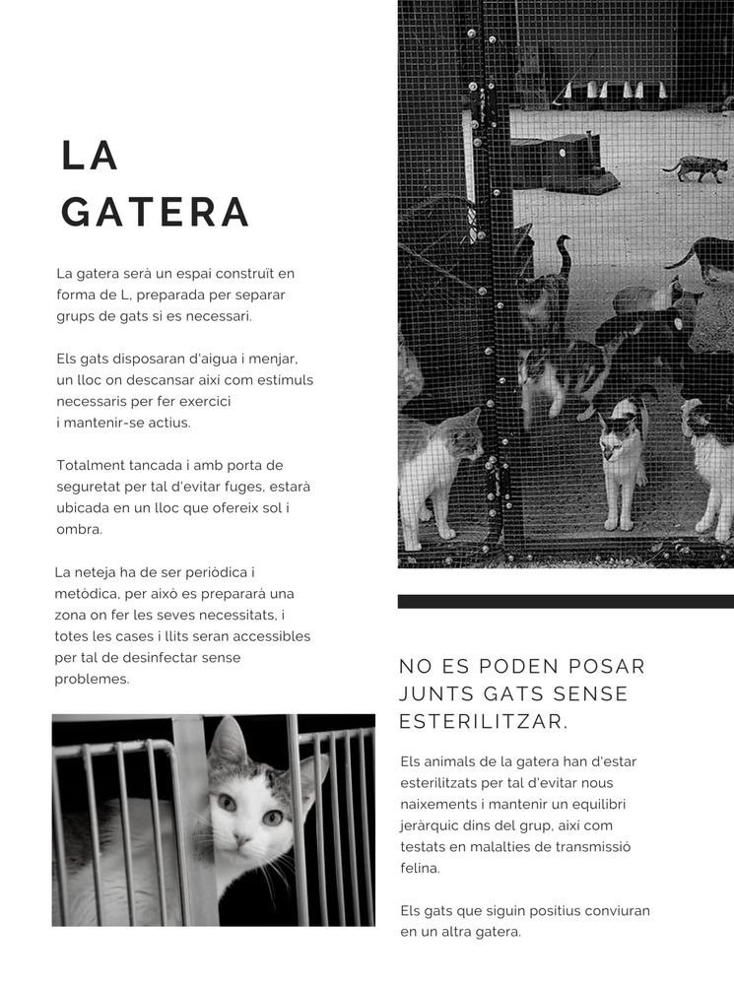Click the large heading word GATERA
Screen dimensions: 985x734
click(x=156, y=212)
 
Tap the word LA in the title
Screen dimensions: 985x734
click(x=90, y=156)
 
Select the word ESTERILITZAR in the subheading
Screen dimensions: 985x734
click(x=483, y=722)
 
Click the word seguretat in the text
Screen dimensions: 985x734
click(x=93, y=487)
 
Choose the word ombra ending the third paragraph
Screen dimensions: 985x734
click(x=79, y=529)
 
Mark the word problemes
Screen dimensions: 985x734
click(x=92, y=680)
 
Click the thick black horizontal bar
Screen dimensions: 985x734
click(x=566, y=601)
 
